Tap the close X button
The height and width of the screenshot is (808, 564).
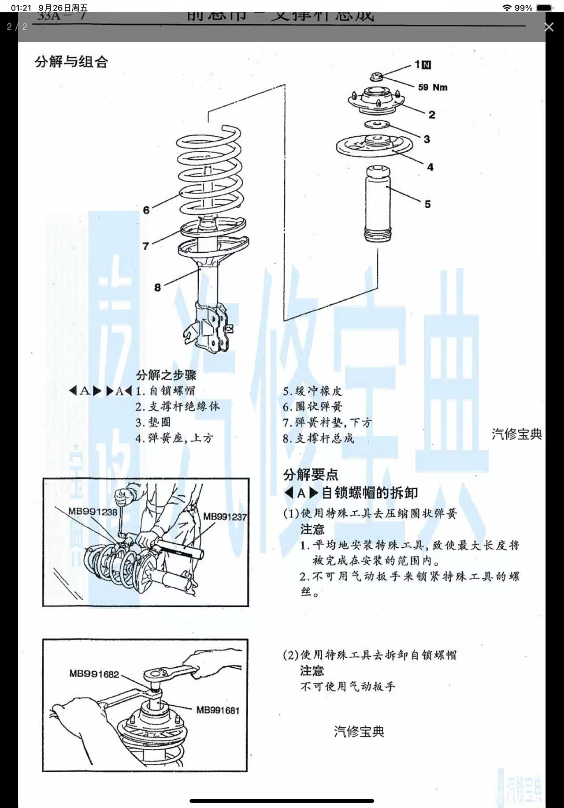(549, 27)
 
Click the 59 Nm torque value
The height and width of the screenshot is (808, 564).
(433, 87)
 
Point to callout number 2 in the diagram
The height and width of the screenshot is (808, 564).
(432, 115)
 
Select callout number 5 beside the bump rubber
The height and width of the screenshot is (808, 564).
(427, 204)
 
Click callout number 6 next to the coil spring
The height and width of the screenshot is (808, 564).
(146, 210)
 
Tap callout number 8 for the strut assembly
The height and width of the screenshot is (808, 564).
(157, 288)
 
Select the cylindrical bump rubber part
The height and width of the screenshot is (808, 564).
(377, 203)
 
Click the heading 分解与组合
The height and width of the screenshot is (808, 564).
(71, 62)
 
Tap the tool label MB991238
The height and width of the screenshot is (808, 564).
(93, 512)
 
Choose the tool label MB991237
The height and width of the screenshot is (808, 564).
(225, 516)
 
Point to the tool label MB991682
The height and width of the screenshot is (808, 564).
(94, 674)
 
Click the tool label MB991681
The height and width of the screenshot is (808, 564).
(218, 710)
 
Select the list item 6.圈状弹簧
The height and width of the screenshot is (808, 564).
(312, 407)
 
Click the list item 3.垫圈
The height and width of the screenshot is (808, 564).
(153, 422)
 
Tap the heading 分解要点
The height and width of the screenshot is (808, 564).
(311, 475)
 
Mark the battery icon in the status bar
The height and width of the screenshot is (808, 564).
(545, 8)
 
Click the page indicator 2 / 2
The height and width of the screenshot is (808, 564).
(17, 27)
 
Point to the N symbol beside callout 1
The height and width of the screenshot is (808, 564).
(426, 65)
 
